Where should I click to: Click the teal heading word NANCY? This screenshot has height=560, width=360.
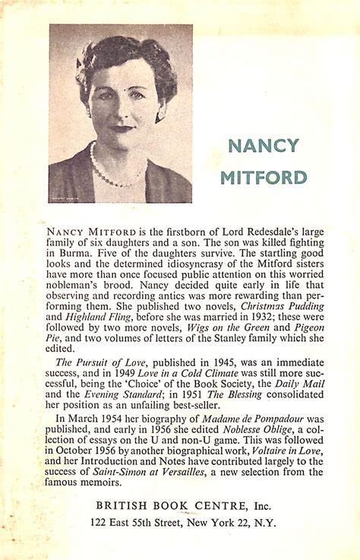pos(264,146)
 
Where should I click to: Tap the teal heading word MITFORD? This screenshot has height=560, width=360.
pos(264,178)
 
